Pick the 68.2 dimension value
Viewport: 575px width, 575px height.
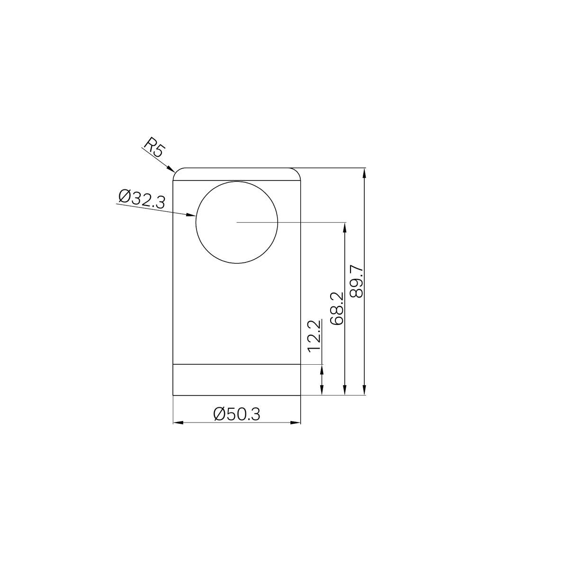[337, 308]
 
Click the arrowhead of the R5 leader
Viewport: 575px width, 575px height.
[173, 171]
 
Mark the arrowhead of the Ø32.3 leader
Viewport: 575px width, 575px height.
[193, 216]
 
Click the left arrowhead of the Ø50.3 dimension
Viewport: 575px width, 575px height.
[176, 422]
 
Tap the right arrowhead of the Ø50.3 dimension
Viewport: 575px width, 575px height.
[297, 422]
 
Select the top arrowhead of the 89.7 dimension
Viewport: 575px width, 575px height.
[364, 171]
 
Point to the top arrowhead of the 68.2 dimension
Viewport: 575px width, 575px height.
[345, 225]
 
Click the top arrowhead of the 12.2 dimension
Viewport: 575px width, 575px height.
[322, 368]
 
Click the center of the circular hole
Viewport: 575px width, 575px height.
[236, 222]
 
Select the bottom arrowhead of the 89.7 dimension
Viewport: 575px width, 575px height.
[364, 392]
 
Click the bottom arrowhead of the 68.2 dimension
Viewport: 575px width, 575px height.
[345, 392]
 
